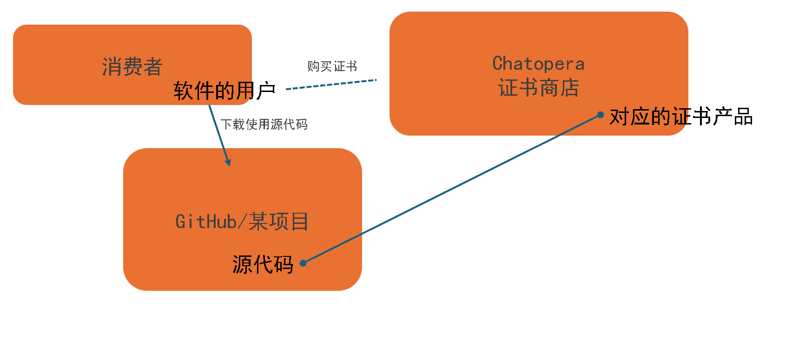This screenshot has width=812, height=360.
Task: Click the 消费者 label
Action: (132, 67)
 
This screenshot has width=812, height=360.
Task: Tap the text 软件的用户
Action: (224, 91)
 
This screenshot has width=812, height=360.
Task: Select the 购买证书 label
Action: (332, 66)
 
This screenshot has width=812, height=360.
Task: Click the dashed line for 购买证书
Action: (331, 85)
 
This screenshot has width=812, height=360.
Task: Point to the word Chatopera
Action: (538, 64)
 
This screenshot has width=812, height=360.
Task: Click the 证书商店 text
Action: (538, 88)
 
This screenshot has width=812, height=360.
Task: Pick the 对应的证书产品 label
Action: (681, 117)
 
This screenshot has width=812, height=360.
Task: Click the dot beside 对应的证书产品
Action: (601, 114)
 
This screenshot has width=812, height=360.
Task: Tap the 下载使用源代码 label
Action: (264, 124)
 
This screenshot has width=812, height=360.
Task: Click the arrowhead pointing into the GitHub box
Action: (228, 162)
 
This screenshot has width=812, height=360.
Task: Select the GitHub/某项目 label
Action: (242, 222)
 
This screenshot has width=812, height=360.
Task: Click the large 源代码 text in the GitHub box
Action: (263, 264)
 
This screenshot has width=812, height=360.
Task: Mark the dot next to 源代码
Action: (303, 263)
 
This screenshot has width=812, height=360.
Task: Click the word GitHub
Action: (206, 222)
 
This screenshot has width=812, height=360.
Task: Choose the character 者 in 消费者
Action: (152, 67)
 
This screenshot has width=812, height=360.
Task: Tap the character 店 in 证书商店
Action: (569, 88)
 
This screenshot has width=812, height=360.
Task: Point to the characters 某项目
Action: (278, 222)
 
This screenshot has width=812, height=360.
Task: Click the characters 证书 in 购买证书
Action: (345, 66)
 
